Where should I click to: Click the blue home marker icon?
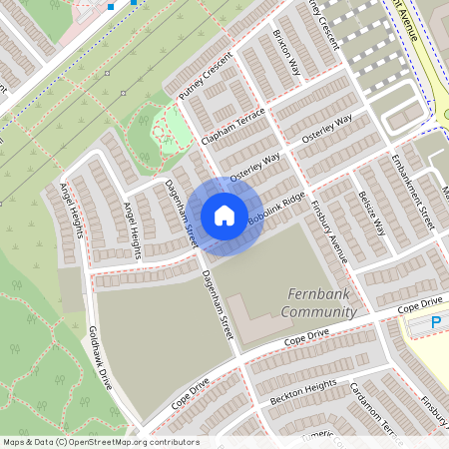pyautogui.click(x=224, y=215)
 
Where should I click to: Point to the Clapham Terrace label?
pyautogui.click(x=233, y=126)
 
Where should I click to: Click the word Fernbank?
pyautogui.click(x=320, y=294)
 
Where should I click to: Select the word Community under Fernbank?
pyautogui.click(x=317, y=312)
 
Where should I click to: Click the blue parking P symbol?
pyautogui.click(x=436, y=323)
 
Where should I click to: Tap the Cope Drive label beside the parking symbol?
pyautogui.click(x=418, y=303)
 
